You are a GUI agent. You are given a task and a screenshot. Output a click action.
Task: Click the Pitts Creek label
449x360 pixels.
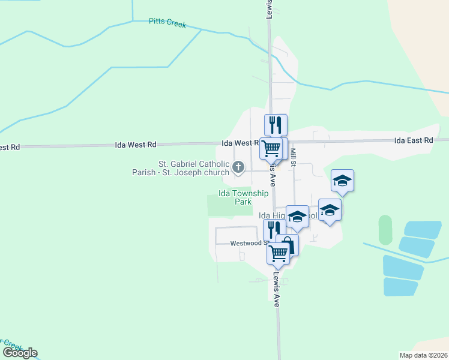click(167, 24)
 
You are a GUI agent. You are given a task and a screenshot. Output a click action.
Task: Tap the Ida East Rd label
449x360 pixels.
click(413, 140)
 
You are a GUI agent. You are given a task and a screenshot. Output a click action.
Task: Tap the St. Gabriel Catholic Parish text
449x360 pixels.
click(193, 163)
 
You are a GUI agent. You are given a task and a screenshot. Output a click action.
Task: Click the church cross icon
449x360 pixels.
click(238, 167)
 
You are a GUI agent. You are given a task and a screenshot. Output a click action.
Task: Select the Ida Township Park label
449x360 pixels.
click(235, 197)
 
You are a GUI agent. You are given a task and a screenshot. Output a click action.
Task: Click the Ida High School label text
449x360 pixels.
click(271, 215)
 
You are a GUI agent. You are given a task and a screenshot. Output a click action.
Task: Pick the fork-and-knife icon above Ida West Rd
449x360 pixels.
click(276, 125)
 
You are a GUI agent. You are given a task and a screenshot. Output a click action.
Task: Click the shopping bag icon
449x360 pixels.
click(288, 245)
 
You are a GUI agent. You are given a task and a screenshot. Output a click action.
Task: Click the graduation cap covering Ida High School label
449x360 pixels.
click(297, 216)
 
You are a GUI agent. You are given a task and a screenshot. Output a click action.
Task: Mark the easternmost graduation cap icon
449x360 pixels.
click(342, 180)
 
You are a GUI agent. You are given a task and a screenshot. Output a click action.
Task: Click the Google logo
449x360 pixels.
click(20, 353)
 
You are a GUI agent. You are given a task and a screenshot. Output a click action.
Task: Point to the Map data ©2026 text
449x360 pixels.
click(424, 355)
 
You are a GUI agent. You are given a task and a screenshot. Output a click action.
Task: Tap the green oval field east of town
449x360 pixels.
click(385, 230)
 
